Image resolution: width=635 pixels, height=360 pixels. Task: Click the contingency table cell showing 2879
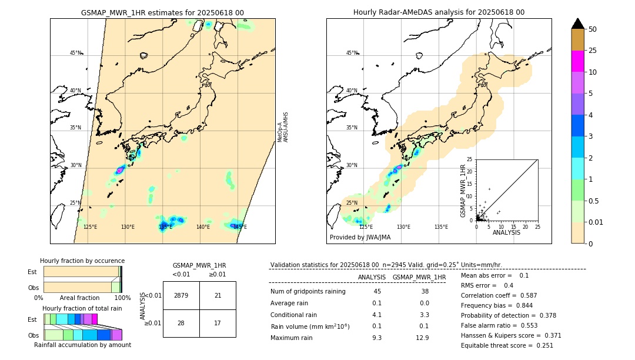point(181,295)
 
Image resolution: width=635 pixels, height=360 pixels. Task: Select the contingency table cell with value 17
point(218,323)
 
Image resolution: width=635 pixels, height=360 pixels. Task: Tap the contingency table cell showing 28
point(181,323)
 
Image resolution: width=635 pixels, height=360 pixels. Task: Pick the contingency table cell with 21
point(218,295)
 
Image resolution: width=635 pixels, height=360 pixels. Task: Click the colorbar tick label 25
point(593,51)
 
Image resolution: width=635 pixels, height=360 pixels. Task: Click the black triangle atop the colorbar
point(578,24)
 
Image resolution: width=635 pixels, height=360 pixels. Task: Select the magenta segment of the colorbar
point(578,61)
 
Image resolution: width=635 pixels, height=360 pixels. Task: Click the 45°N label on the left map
point(75,53)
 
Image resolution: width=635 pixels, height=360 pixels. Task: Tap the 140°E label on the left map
point(203,226)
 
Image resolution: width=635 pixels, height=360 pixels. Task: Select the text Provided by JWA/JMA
point(360,237)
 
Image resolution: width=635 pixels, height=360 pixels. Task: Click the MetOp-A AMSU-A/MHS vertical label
point(283,126)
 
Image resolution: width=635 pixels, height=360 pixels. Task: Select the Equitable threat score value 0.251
point(542,345)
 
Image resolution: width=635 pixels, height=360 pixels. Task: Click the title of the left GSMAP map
point(162,12)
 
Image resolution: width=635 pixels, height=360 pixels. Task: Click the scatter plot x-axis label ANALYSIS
point(506,232)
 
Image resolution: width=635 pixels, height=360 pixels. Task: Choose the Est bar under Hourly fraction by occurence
point(82,272)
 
